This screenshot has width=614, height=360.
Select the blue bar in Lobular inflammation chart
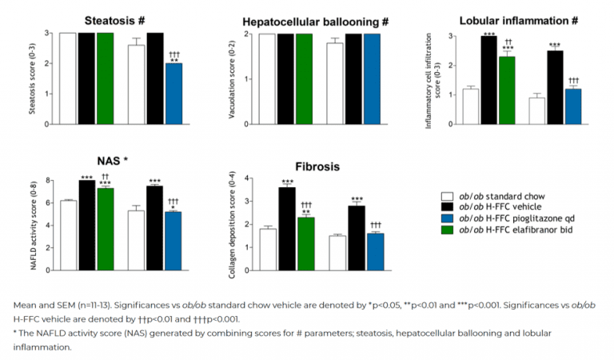tap(572, 106)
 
